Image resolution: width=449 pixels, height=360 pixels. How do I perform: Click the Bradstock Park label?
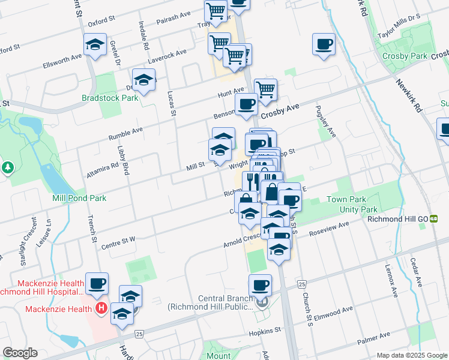click(110, 98)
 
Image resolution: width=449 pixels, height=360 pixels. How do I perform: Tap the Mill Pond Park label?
click(79, 197)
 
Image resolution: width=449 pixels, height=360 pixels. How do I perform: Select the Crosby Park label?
click(405, 56)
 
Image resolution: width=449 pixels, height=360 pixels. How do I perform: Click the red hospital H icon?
click(101, 309)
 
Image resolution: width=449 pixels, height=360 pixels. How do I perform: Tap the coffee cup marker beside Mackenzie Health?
click(96, 283)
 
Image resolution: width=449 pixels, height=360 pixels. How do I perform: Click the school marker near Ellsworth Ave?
click(95, 44)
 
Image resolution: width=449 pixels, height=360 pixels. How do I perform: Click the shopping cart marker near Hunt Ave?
click(265, 90)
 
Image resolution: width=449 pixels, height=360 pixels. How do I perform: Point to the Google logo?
click(20, 353)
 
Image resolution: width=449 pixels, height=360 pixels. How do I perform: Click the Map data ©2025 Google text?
click(412, 355)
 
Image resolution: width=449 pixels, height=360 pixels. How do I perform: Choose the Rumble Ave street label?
click(125, 133)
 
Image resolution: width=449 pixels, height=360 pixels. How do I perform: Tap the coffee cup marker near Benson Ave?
click(246, 104)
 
